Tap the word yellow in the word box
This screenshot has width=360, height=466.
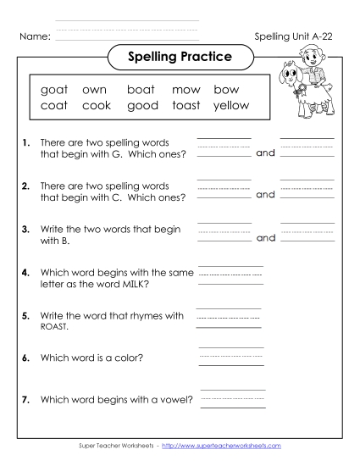[230, 105]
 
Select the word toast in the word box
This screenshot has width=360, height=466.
[186, 105]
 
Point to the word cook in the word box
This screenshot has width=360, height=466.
[97, 105]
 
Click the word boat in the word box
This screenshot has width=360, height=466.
[142, 89]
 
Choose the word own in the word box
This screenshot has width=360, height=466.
[96, 89]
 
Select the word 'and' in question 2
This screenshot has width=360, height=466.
[265, 195]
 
